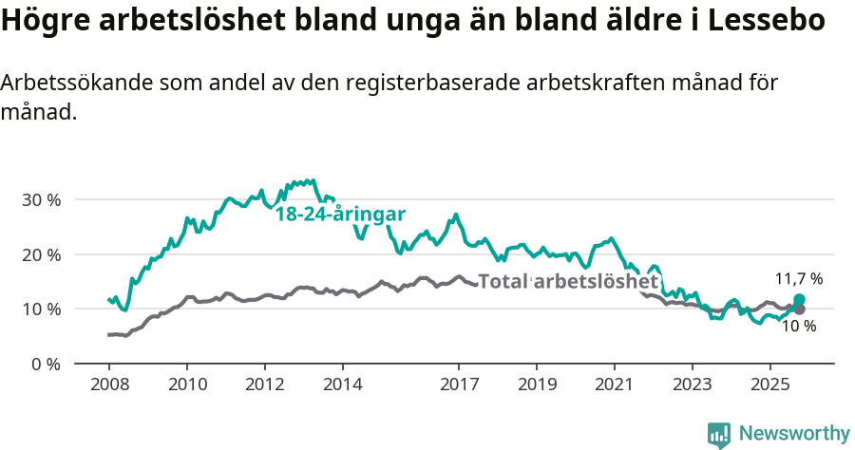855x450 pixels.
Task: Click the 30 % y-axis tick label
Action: pyautogui.click(x=41, y=200)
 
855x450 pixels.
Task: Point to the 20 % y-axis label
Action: pyautogui.click(x=41, y=254)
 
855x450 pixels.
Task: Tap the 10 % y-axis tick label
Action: pyautogui.click(x=41, y=309)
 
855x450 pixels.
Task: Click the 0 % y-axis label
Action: pyautogui.click(x=45, y=364)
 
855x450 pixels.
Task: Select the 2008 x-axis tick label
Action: pyautogui.click(x=109, y=386)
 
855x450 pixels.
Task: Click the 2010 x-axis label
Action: pyautogui.click(x=187, y=386)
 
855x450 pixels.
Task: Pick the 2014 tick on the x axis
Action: pyautogui.click(x=342, y=386)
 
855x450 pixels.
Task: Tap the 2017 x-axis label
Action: pyautogui.click(x=459, y=386)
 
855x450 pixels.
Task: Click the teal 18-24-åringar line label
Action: pyautogui.click(x=340, y=215)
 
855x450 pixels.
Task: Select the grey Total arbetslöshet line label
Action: pyautogui.click(x=568, y=282)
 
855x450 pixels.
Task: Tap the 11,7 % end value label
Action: pyautogui.click(x=799, y=279)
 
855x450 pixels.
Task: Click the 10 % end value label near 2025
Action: pyautogui.click(x=798, y=326)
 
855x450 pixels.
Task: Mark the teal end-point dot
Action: pyautogui.click(x=799, y=300)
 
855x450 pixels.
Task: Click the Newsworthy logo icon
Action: pyautogui.click(x=719, y=434)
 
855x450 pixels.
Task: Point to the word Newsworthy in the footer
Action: pyautogui.click(x=794, y=434)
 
